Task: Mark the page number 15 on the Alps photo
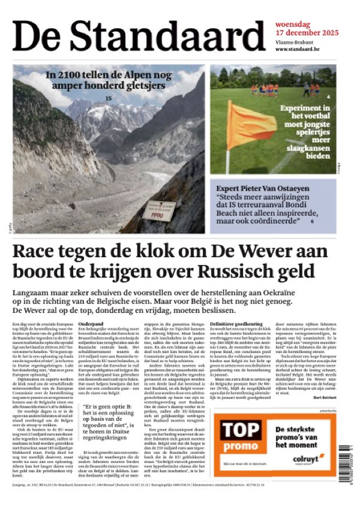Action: (109, 98)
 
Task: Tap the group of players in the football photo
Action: (271, 89)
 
